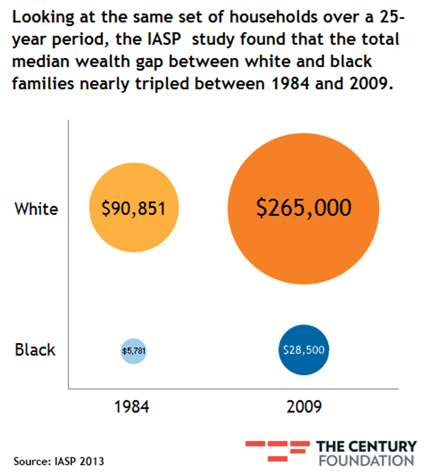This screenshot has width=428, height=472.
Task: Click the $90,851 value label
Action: pyautogui.click(x=134, y=209)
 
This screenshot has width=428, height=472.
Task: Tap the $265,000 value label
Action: pyautogui.click(x=304, y=208)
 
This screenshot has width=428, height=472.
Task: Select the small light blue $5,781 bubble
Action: pyautogui.click(x=134, y=350)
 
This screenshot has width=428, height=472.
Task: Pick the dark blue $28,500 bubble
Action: pyautogui.click(x=304, y=350)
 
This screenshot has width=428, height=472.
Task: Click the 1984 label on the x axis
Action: pyautogui.click(x=131, y=407)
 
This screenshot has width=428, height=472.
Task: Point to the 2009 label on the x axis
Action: pyautogui.click(x=304, y=407)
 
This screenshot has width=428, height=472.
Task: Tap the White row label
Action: pyautogui.click(x=36, y=209)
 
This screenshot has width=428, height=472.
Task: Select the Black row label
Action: pyautogui.click(x=35, y=350)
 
